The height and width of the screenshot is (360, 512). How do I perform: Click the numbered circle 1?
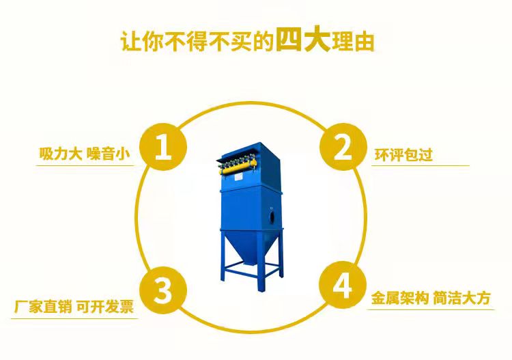click(163, 147)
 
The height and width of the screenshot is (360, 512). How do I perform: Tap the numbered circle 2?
click(343, 147)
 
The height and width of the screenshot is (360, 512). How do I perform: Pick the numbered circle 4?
click(343, 285)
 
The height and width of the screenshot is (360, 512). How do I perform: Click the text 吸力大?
click(60, 154)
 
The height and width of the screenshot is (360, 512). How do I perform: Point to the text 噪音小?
click(109, 154)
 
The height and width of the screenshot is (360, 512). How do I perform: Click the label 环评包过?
click(403, 154)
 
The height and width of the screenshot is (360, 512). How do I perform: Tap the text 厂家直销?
click(42, 307)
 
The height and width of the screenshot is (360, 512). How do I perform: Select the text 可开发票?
click(105, 307)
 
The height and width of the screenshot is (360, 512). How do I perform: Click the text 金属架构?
click(399, 298)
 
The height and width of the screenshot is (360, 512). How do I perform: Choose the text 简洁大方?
click(462, 298)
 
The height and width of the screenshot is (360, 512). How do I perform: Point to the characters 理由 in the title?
click(353, 42)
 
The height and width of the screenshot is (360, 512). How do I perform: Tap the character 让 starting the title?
click(131, 42)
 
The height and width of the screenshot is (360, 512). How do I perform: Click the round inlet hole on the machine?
click(272, 216)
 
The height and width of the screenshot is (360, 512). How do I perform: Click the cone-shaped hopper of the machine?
click(251, 246)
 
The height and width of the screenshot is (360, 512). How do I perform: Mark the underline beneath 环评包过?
click(421, 165)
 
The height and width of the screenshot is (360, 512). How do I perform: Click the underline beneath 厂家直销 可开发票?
click(74, 318)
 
